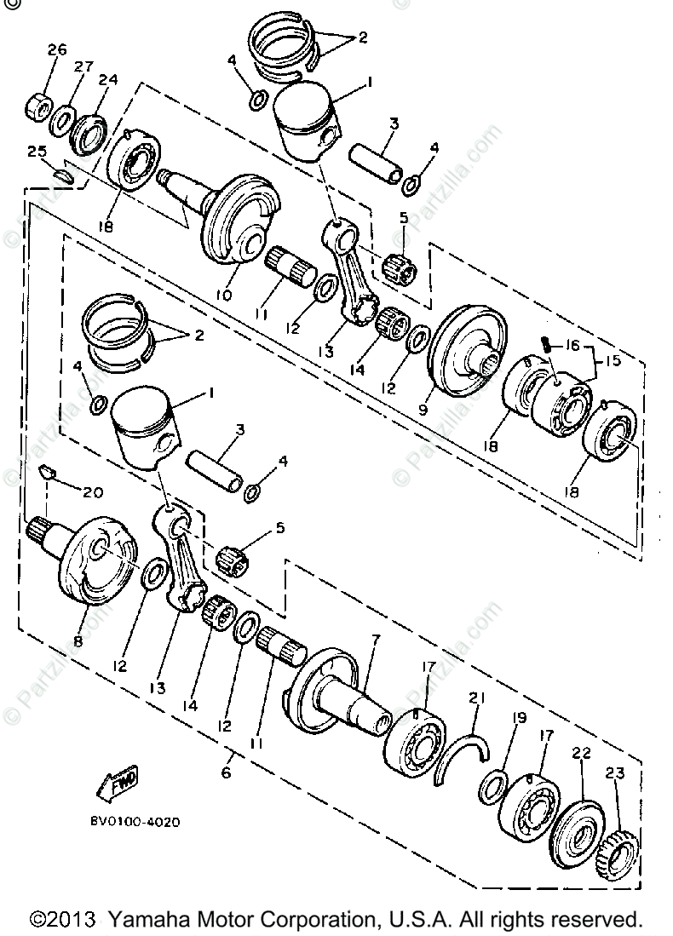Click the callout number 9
(x=423, y=409)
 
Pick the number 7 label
(x=376, y=639)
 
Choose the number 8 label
(x=78, y=641)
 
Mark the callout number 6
(x=226, y=772)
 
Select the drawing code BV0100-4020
(x=135, y=823)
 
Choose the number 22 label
(x=581, y=753)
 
